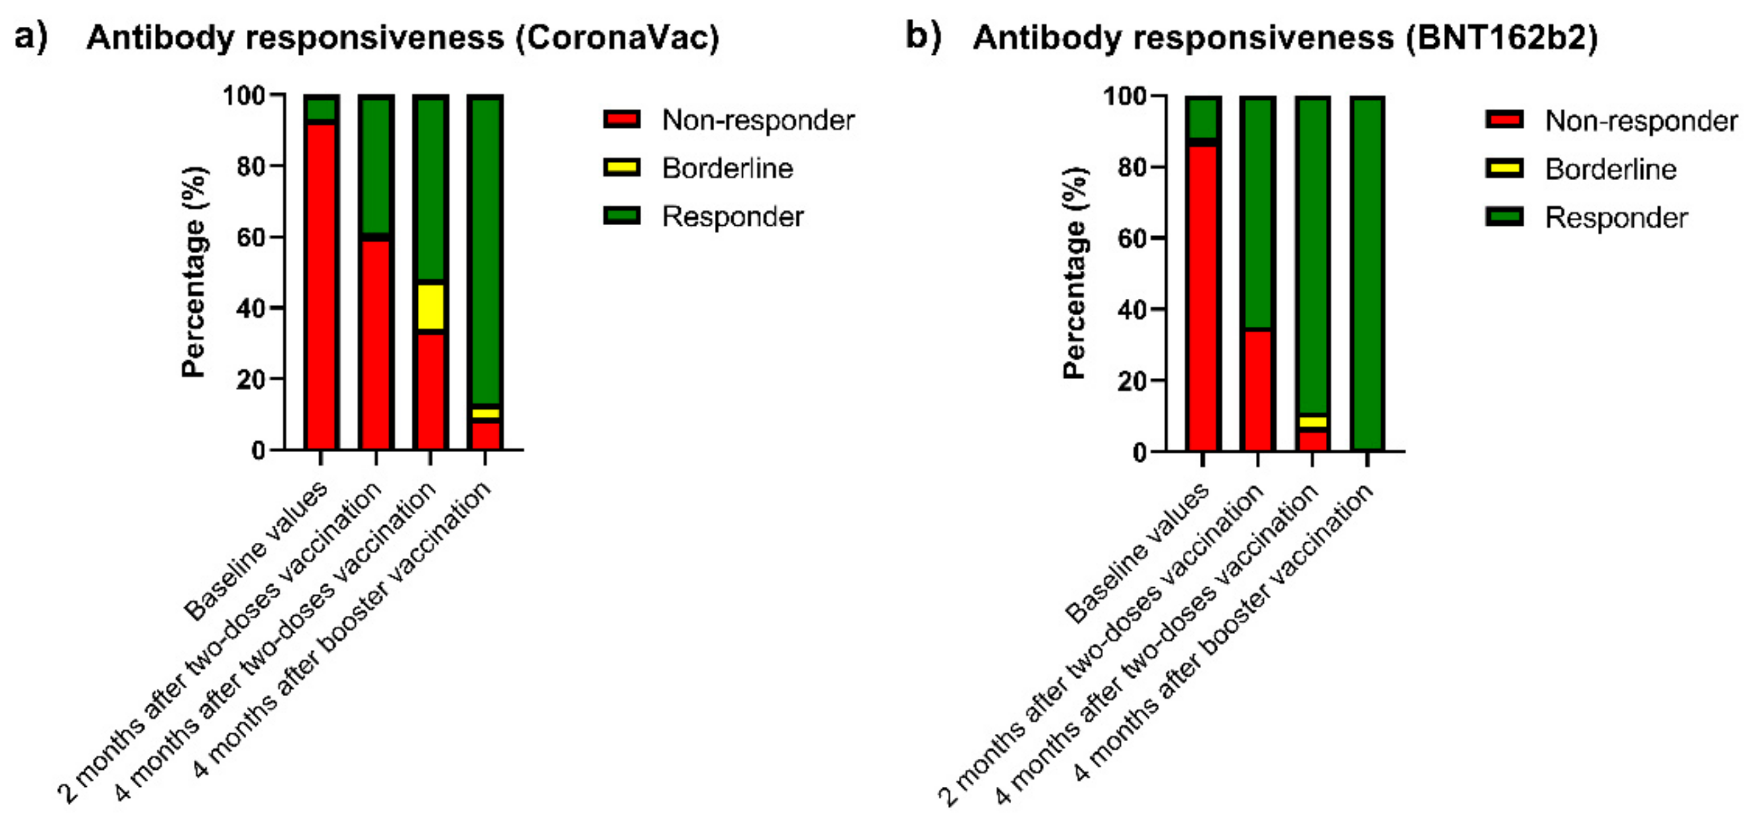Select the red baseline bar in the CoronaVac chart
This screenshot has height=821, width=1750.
pyautogui.click(x=321, y=286)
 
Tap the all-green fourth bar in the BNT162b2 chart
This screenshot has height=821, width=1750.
pyautogui.click(x=1367, y=272)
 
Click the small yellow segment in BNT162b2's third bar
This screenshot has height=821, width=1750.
pyautogui.click(x=1312, y=421)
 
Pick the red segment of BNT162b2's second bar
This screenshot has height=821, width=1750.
pyautogui.click(x=1257, y=391)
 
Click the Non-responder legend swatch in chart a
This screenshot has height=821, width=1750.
pyautogui.click(x=621, y=120)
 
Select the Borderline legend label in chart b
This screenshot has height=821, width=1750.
pyautogui.click(x=1610, y=169)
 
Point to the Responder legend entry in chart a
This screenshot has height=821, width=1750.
pyautogui.click(x=732, y=217)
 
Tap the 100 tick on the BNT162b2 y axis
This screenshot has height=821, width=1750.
pyautogui.click(x=1124, y=96)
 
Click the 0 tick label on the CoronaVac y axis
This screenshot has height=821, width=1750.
pyautogui.click(x=258, y=450)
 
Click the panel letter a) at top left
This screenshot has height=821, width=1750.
pyautogui.click(x=31, y=36)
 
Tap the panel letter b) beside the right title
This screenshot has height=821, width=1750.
pyautogui.click(x=923, y=36)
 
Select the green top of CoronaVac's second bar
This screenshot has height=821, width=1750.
pyautogui.click(x=376, y=163)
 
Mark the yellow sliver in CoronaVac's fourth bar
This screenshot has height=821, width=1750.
pyautogui.click(x=485, y=413)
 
